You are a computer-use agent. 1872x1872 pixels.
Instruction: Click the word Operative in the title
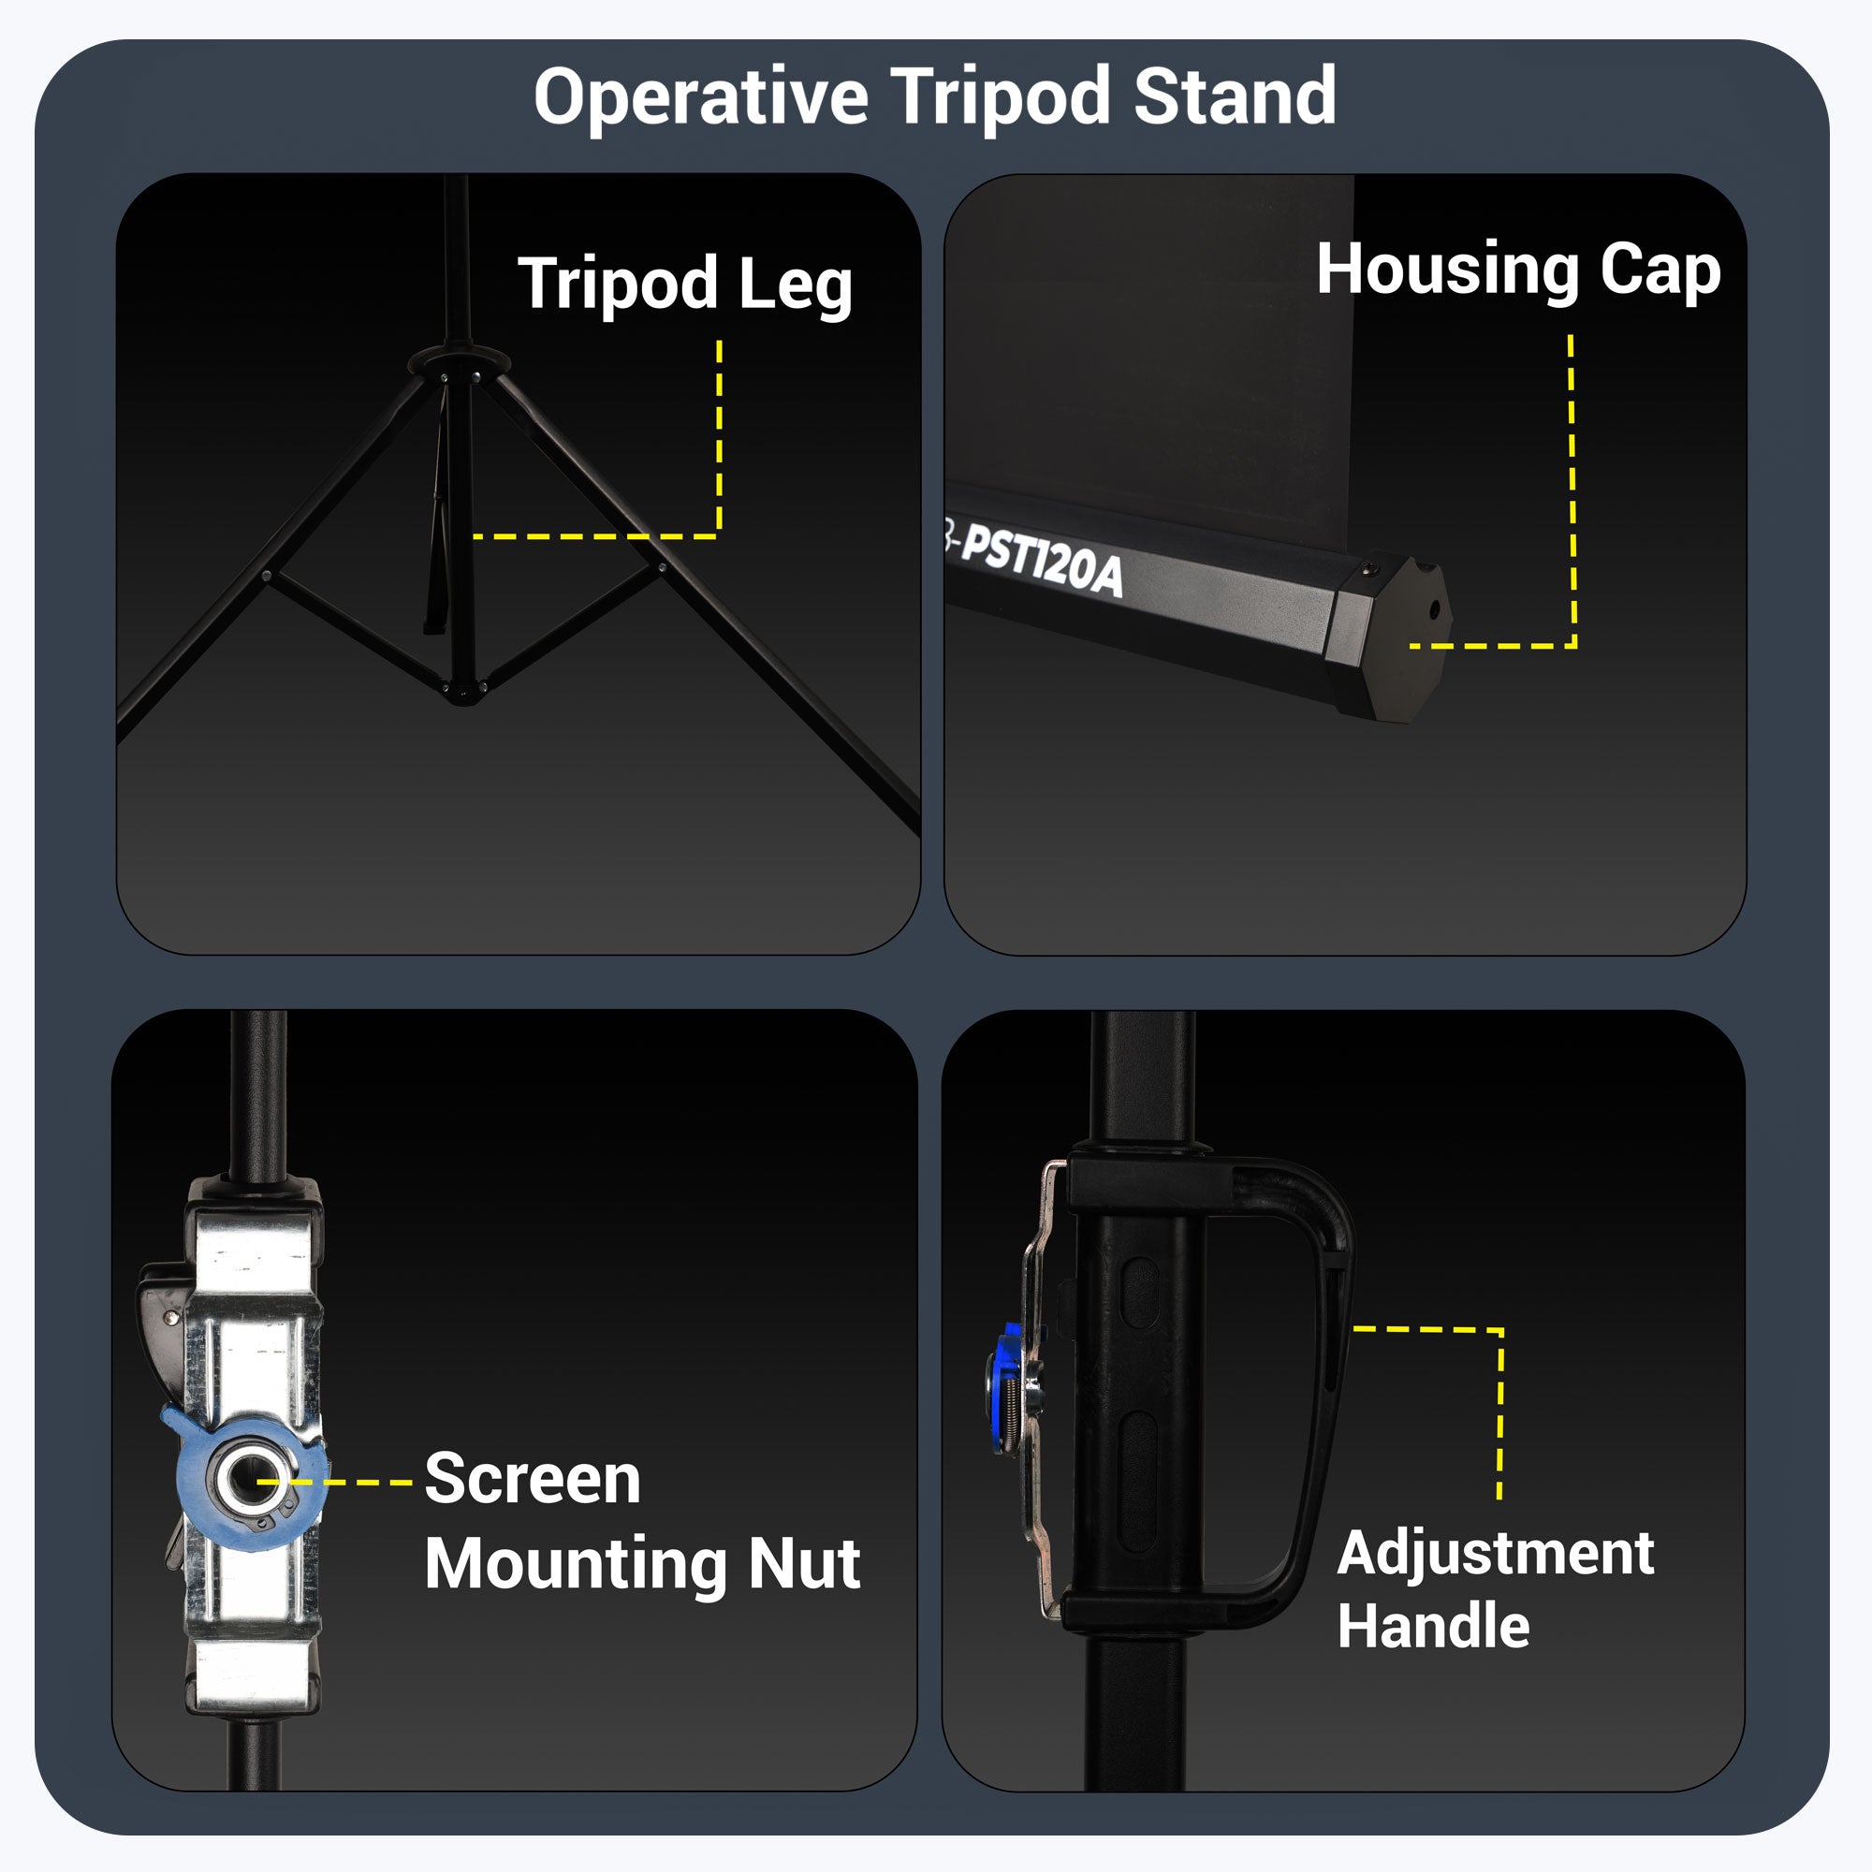[700, 98]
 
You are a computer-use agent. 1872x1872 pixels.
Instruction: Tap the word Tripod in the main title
[1000, 98]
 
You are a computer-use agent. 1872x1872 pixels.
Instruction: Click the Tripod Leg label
[685, 284]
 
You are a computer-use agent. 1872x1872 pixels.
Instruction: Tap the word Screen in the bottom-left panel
[533, 1480]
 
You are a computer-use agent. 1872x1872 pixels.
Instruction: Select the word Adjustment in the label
[1495, 1555]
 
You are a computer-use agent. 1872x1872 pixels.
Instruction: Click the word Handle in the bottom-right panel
[1433, 1625]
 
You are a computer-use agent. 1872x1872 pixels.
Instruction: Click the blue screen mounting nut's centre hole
[241, 1480]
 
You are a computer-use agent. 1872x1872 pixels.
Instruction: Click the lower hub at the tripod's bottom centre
[464, 692]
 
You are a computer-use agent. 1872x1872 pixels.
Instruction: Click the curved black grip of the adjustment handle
[1318, 1356]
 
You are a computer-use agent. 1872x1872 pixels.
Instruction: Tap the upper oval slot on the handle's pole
[1138, 1294]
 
